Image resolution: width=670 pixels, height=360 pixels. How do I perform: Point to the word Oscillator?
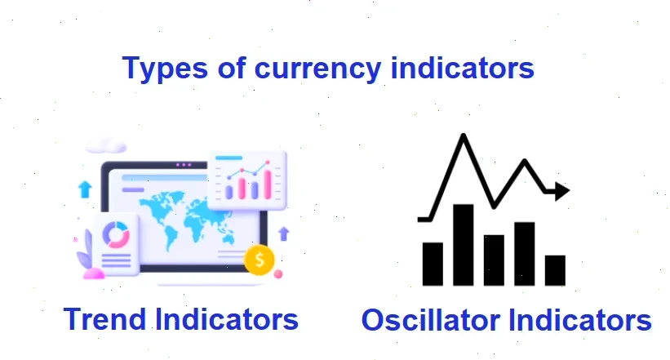coord(430,320)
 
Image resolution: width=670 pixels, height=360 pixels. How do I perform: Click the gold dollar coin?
coord(259,260)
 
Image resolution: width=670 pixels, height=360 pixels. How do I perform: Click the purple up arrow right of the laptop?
coord(284,233)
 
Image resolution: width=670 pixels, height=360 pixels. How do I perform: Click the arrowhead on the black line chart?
coord(561,192)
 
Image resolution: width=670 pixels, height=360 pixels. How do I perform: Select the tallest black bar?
coord(464,244)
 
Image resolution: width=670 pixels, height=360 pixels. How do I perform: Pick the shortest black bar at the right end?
coord(556,270)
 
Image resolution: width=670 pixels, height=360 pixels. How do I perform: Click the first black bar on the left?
coord(433,263)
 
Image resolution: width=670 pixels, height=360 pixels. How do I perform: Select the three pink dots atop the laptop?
coord(184,165)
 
